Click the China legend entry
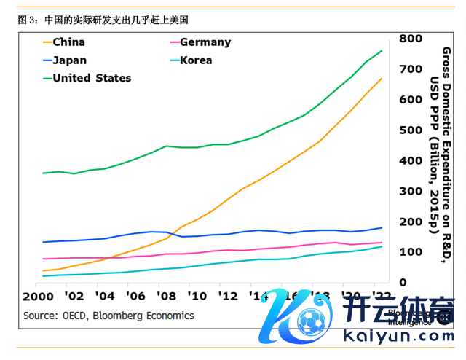click(x=68, y=42)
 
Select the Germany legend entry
click(x=205, y=42)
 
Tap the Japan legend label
click(x=70, y=60)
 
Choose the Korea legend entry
click(x=195, y=60)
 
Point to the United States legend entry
click(x=92, y=78)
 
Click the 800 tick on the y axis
click(x=411, y=39)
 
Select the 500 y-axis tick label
click(x=411, y=130)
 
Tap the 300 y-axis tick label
click(x=411, y=191)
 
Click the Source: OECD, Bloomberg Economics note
click(x=108, y=316)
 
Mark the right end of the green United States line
click(x=382, y=51)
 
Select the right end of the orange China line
click(x=382, y=79)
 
